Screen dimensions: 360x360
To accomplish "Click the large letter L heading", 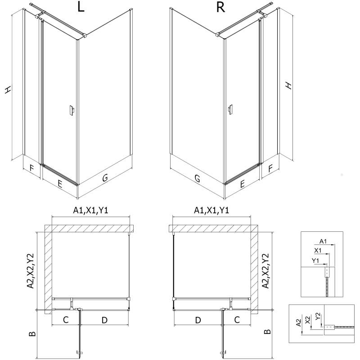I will tap(81, 8).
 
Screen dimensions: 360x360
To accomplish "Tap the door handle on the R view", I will tap(230, 110).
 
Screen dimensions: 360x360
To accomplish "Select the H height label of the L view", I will tap(8, 90).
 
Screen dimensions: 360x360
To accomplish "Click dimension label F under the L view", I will tap(31, 169).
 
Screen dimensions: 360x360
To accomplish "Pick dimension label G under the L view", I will tap(104, 178).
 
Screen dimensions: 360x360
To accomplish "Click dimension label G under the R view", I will tap(197, 178).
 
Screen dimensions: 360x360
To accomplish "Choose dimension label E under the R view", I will tap(242, 184).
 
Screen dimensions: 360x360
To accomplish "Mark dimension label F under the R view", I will tap(270, 169).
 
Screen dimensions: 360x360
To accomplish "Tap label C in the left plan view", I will tap(65, 320).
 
